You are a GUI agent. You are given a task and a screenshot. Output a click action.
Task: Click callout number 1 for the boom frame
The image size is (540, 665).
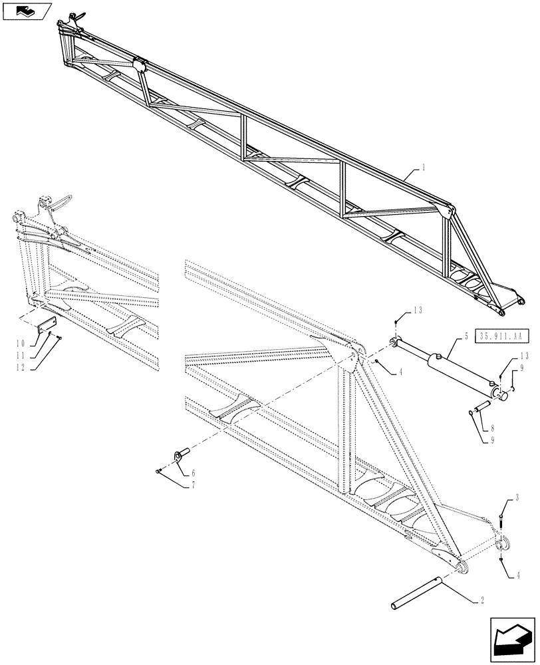click(x=423, y=169)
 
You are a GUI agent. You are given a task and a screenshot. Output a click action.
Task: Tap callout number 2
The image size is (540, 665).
click(x=481, y=600)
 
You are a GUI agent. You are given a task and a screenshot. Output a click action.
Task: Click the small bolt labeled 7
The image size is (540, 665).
click(x=157, y=471)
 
